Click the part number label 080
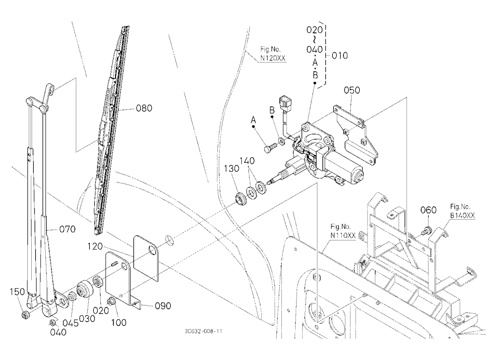144,108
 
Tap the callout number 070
67,229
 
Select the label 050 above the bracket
352,90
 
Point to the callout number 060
429,210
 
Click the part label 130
232,169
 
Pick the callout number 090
163,306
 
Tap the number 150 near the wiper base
17,292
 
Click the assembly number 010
340,56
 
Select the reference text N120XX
273,58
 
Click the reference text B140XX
462,216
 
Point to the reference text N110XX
343,236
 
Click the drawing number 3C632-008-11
203,331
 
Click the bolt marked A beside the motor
270,147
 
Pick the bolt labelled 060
428,230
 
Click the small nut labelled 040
53,323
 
